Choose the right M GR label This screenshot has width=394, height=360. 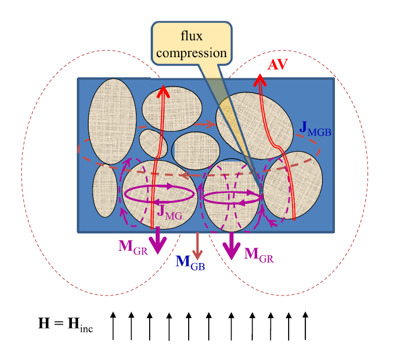[259, 254]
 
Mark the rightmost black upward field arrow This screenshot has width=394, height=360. [305, 326]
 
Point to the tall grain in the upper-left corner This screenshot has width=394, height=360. [112, 121]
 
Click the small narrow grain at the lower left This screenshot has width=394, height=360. [105, 191]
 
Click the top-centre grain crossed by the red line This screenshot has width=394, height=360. [172, 106]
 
